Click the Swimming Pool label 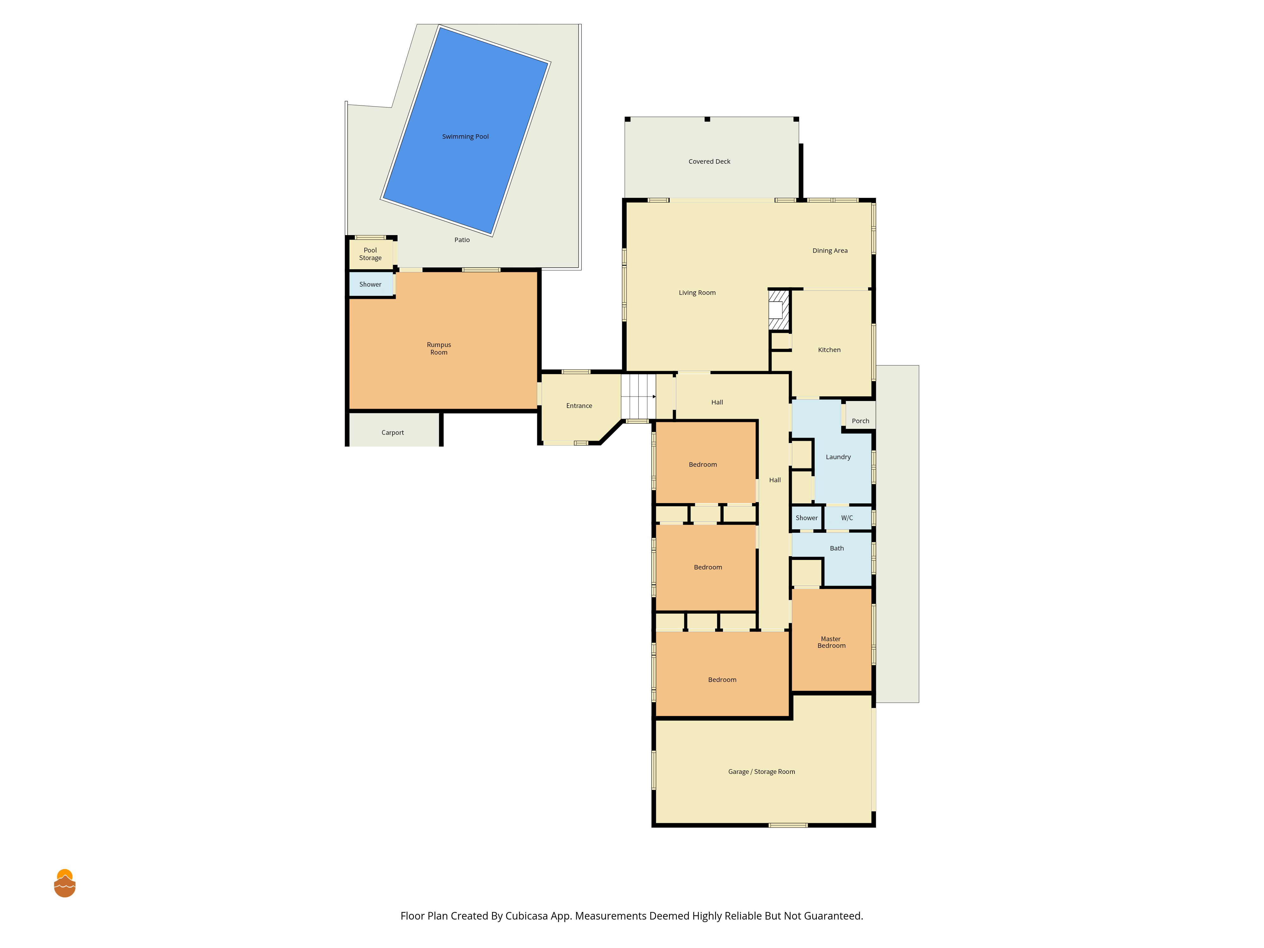pyautogui.click(x=465, y=137)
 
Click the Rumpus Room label pyautogui.click(x=439, y=349)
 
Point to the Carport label pyautogui.click(x=392, y=433)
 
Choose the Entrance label pyautogui.click(x=579, y=406)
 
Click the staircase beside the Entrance pyautogui.click(x=638, y=396)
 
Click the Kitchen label pyautogui.click(x=829, y=350)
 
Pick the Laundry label pyautogui.click(x=838, y=457)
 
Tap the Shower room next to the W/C pyautogui.click(x=806, y=518)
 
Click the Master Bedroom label pyautogui.click(x=831, y=642)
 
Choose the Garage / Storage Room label pyautogui.click(x=761, y=771)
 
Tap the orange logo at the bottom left pyautogui.click(x=64, y=884)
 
